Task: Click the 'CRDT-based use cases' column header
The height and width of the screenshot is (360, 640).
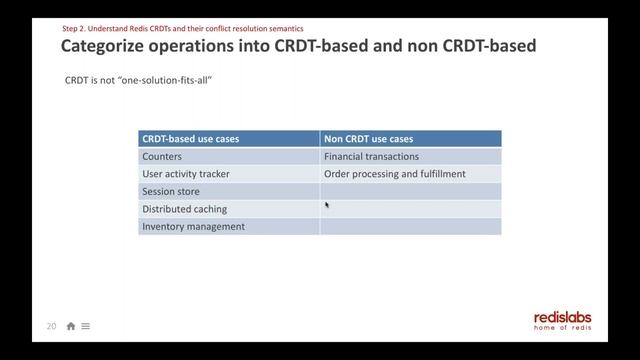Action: coord(190,139)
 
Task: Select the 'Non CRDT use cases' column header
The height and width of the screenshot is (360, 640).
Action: coord(368,139)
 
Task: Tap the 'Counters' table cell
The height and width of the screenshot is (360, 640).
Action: coord(162,157)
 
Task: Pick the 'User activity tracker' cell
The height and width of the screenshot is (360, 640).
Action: coord(186,174)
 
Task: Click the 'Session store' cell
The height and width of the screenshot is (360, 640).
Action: coord(171,191)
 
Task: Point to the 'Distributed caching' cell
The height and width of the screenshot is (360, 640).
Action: coord(184,209)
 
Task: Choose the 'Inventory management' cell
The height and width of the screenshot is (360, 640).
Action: coord(193,226)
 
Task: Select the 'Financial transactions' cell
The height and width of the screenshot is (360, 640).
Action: coord(371,157)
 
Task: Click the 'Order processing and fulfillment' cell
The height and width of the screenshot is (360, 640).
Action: coord(394,174)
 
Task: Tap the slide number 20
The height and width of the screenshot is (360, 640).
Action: coord(51,326)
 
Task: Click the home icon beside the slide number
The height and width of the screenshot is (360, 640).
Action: coord(71,326)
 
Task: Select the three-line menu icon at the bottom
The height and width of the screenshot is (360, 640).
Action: coord(86,326)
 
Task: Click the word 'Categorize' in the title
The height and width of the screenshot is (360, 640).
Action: coord(111,46)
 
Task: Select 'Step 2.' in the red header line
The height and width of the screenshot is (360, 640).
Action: coord(76,28)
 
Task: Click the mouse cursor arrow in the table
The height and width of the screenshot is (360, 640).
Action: coord(327,205)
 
